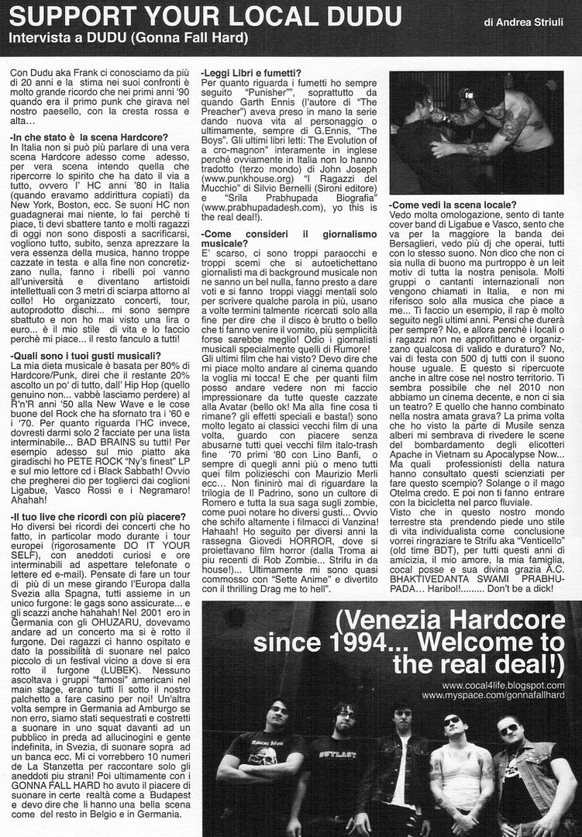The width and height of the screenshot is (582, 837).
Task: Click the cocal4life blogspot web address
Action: (503, 686)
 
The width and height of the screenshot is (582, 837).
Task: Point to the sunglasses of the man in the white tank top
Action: (452, 722)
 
